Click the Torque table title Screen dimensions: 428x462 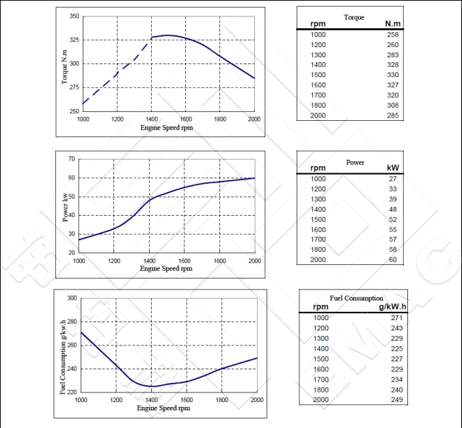point(354,17)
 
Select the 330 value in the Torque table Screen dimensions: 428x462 point(393,75)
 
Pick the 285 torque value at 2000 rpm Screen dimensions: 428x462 point(393,115)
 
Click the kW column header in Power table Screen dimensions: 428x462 point(393,168)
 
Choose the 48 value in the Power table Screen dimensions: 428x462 point(393,209)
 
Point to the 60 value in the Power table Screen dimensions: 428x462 point(393,259)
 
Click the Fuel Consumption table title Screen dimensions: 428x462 point(356,298)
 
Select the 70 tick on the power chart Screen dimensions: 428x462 point(72,159)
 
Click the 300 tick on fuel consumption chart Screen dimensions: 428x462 point(72,298)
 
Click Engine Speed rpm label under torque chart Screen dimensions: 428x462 point(167,128)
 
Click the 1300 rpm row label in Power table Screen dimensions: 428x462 point(318,199)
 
